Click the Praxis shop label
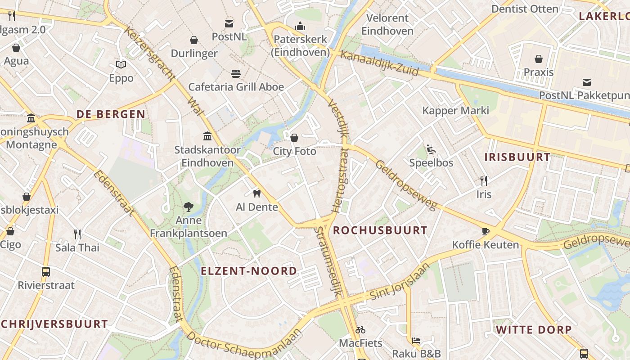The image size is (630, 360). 538,72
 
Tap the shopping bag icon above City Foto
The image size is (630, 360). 294,138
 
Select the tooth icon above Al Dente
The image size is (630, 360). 257,194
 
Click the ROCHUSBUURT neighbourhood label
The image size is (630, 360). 380,230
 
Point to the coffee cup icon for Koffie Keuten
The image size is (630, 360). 485,232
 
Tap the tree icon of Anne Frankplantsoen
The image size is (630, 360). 189,207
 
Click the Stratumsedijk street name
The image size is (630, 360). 328,261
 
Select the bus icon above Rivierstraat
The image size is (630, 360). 46,272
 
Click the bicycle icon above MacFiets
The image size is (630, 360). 360,330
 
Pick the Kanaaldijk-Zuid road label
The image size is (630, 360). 379,63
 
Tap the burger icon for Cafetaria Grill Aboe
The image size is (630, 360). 236,73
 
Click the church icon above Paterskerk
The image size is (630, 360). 300,27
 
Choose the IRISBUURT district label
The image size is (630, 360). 517,157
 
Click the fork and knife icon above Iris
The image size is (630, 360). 484,181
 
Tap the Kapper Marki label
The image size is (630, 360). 455,111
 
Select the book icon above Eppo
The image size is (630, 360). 121,65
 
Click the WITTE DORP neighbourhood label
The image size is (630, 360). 534,329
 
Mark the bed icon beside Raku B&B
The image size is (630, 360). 416,341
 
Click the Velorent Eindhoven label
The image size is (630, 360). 387,24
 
